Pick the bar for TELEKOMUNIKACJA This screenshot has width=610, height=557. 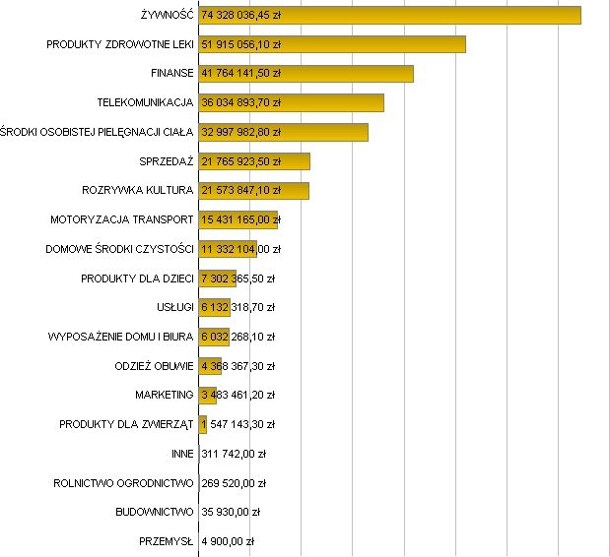(335, 103)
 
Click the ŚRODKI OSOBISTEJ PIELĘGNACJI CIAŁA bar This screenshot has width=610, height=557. (325, 132)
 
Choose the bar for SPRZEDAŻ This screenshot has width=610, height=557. (296, 161)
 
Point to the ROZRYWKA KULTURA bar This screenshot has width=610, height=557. (296, 191)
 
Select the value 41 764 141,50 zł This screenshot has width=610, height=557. (241, 74)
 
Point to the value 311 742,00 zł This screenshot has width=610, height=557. (234, 454)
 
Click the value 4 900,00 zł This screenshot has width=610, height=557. (228, 541)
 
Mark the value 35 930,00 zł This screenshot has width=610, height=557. (231, 512)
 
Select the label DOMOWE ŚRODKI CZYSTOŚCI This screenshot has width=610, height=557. (119, 249)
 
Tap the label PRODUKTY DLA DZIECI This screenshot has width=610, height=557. (137, 278)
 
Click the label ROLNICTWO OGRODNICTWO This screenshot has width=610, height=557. (123, 483)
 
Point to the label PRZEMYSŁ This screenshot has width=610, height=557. (167, 541)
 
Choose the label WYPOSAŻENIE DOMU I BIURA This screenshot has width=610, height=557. (120, 337)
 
